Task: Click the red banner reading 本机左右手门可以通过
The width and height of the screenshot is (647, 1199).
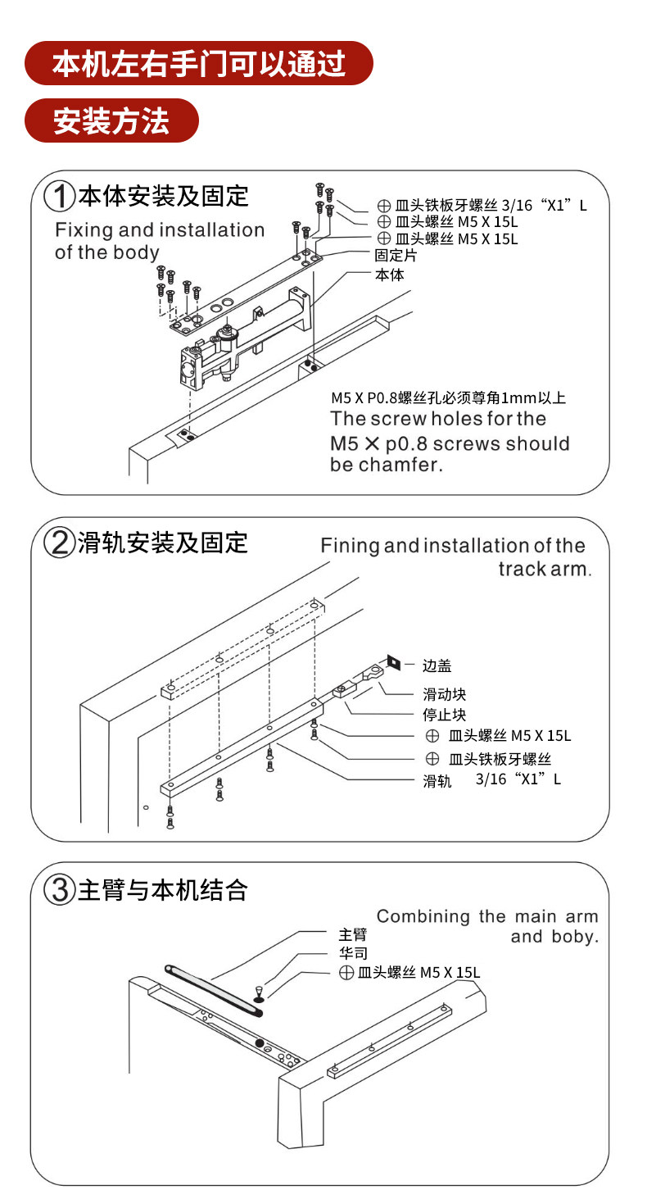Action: [x=199, y=63]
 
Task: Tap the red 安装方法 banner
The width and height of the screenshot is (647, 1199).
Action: [x=111, y=120]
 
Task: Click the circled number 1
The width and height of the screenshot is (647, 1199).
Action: [x=60, y=197]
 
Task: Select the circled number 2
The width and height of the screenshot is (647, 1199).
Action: [x=60, y=543]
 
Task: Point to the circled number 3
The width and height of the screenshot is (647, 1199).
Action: [x=60, y=890]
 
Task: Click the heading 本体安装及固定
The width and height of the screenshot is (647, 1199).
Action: [x=163, y=197]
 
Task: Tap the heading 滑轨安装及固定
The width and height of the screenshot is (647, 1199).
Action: [x=163, y=543]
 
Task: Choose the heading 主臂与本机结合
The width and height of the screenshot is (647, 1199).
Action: [x=163, y=890]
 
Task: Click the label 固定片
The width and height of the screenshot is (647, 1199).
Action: [x=396, y=256]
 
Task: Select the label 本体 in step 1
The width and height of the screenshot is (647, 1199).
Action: [x=389, y=275]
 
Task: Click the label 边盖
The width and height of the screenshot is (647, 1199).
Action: [x=437, y=666]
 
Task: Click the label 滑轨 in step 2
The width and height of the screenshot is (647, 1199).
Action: [x=437, y=782]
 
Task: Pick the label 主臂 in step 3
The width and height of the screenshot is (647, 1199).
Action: [x=353, y=934]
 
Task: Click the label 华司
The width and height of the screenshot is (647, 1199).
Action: [x=353, y=953]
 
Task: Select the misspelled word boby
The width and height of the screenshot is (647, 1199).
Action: [x=577, y=937]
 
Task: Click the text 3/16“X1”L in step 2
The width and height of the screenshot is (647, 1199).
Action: [x=518, y=779]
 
